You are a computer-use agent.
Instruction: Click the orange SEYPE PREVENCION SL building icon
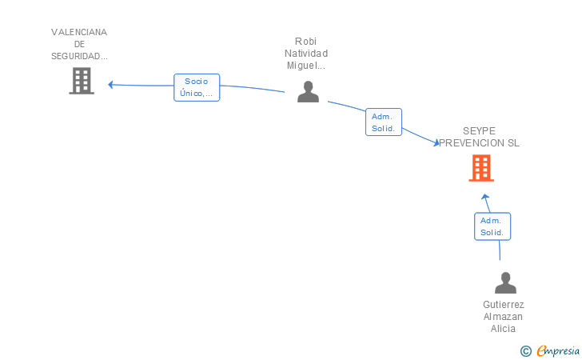(x=480, y=168)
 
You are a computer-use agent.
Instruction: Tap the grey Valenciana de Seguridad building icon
(x=82, y=81)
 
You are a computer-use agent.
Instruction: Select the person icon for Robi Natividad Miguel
(x=308, y=91)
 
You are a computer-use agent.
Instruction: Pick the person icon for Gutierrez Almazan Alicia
(x=505, y=283)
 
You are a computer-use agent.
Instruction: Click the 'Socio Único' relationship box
(x=196, y=87)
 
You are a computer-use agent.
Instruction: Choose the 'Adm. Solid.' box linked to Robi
(x=383, y=122)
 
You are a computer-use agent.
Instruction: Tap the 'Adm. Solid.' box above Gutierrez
(x=492, y=226)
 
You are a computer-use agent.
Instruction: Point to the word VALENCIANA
(x=79, y=32)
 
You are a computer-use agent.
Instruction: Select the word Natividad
(x=306, y=54)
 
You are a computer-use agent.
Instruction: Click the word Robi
(x=306, y=42)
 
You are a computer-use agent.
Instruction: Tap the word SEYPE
(x=479, y=131)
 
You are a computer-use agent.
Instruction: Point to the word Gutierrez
(x=504, y=305)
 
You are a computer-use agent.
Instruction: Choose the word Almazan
(x=504, y=317)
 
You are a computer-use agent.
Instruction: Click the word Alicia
(x=504, y=329)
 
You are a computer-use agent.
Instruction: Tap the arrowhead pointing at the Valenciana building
(x=111, y=84)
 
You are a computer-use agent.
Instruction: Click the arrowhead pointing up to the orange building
(x=484, y=196)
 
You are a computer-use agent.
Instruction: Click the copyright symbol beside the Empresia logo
(x=525, y=350)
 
